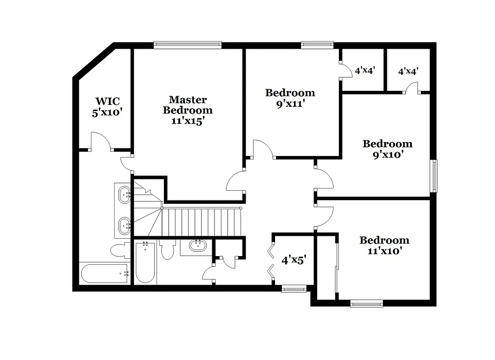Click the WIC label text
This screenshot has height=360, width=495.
(x=107, y=101)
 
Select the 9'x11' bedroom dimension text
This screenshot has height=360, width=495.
(x=290, y=103)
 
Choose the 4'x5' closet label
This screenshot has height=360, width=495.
(x=294, y=260)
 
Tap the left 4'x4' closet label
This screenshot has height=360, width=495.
(x=365, y=70)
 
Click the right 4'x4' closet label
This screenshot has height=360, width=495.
(x=408, y=71)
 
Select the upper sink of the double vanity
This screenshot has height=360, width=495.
(x=124, y=194)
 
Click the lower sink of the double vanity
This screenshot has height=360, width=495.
(x=124, y=225)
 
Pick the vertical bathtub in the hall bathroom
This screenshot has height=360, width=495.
(x=145, y=263)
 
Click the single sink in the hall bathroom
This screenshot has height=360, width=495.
(x=197, y=245)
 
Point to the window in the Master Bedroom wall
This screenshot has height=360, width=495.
(x=188, y=45)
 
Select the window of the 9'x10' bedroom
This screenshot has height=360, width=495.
(x=434, y=176)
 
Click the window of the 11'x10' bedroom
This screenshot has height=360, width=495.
(x=366, y=303)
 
